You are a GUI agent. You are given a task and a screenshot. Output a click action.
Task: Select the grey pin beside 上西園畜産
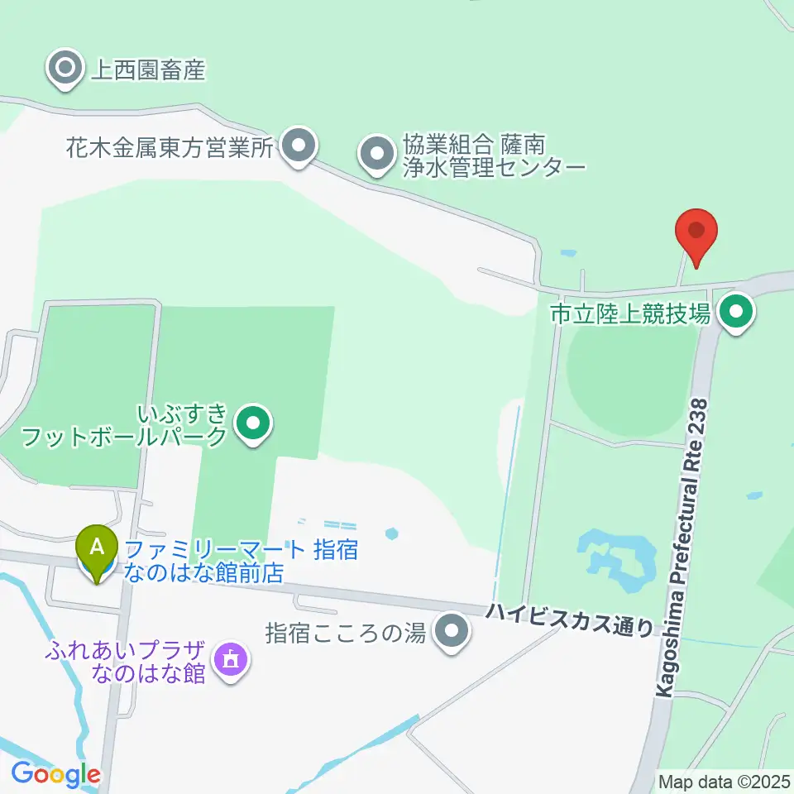coord(65,66)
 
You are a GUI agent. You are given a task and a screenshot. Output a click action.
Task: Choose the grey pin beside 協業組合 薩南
coord(376,153)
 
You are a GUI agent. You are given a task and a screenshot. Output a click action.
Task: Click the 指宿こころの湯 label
coord(345,634)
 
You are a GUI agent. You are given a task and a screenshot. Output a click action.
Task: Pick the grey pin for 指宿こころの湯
coord(451,632)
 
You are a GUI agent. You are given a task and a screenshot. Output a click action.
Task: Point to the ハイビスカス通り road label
coord(569,618)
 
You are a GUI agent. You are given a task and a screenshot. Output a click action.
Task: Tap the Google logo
coord(55,774)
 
